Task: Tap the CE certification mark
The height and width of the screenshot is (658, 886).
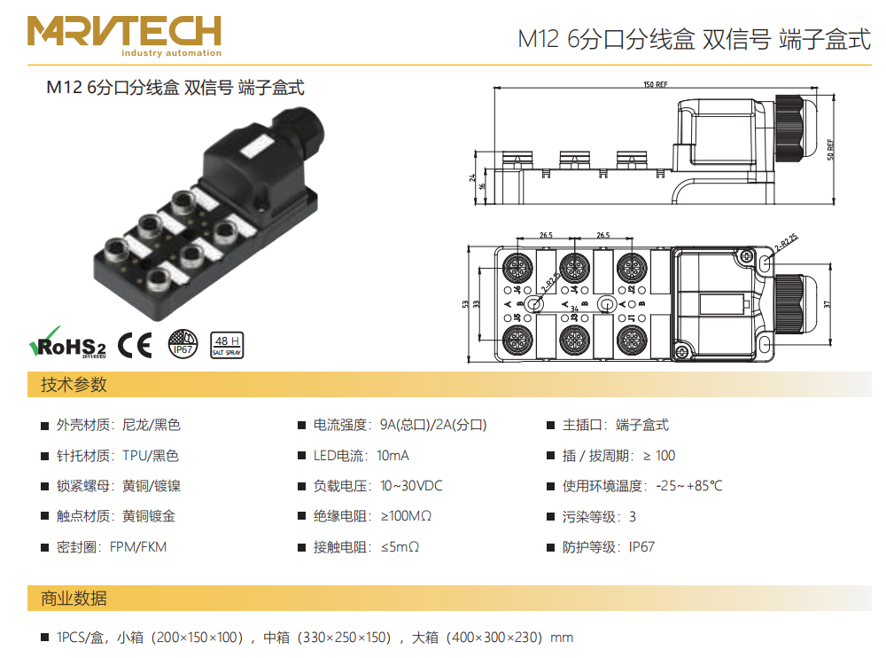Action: point(136,344)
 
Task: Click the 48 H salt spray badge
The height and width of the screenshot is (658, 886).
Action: point(227,344)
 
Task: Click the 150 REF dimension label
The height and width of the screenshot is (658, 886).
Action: point(655,85)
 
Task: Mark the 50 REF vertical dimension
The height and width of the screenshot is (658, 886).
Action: point(830,145)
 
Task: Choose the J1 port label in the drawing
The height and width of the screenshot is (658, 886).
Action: point(633,317)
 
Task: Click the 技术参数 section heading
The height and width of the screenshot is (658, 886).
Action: point(74,385)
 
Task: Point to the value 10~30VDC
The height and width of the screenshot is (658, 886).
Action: point(411,486)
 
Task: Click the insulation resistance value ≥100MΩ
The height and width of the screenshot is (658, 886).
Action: point(406,516)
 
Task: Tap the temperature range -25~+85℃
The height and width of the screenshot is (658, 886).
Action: point(688,486)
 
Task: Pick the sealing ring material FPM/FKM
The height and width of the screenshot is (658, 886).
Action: point(138,546)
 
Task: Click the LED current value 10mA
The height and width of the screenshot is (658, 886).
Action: point(392,456)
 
